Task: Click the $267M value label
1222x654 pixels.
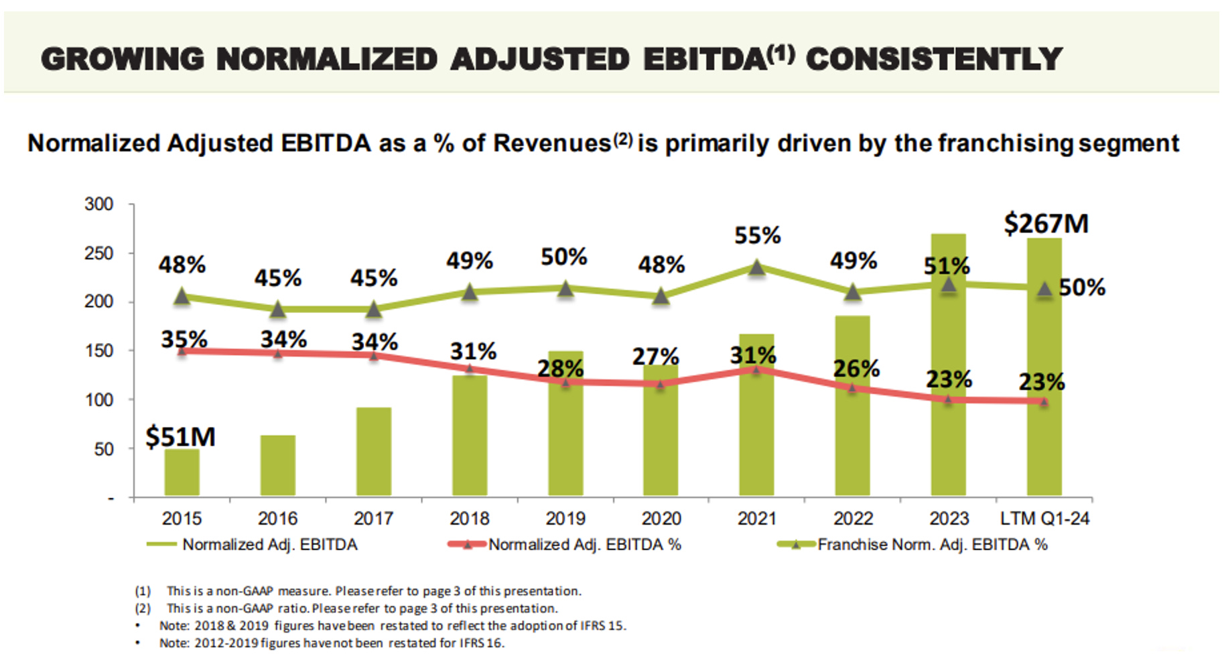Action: [x=1046, y=223]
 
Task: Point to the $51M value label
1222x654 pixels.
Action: [x=180, y=437]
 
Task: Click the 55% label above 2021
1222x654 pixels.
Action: [x=757, y=235]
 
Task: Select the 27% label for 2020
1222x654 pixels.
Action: [x=655, y=356]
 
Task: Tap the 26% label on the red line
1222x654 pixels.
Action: [x=856, y=368]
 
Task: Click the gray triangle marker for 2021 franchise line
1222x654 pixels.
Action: [x=756, y=268]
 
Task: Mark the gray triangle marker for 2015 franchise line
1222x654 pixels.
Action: [x=182, y=296]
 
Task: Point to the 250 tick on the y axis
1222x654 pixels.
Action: [x=98, y=253]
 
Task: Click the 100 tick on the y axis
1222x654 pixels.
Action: [x=98, y=400]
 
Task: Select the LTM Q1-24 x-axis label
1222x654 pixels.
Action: [x=1044, y=518]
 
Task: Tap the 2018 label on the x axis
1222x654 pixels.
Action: [x=469, y=518]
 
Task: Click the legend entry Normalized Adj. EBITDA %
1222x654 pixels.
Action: [x=584, y=545]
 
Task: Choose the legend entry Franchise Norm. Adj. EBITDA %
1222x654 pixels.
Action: [x=932, y=545]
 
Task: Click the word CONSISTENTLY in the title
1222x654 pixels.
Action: [x=934, y=59]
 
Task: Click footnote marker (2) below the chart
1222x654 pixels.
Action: [x=143, y=608]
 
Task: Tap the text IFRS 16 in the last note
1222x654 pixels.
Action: [x=480, y=643]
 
